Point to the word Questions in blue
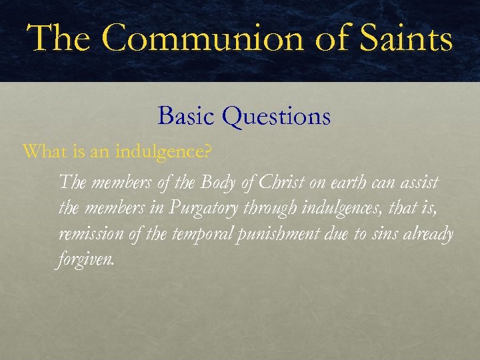(x=277, y=117)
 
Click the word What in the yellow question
(x=41, y=152)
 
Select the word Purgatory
(x=203, y=208)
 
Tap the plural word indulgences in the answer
(x=341, y=208)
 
